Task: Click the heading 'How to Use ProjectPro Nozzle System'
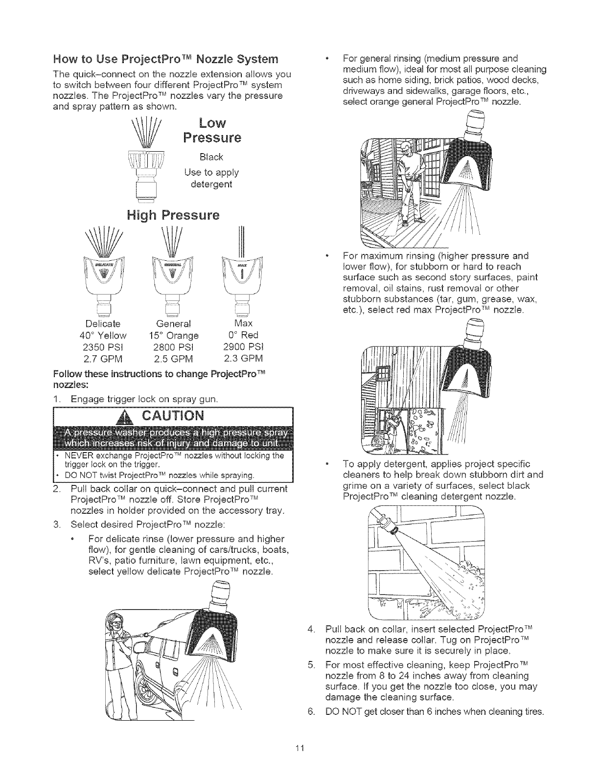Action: tap(166, 60)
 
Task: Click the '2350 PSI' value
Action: tap(103, 347)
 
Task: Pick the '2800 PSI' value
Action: tap(173, 347)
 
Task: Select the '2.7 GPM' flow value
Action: tap(103, 359)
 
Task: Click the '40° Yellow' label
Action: tap(103, 336)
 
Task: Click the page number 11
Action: tap(299, 748)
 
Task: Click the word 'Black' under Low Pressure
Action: tap(211, 157)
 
